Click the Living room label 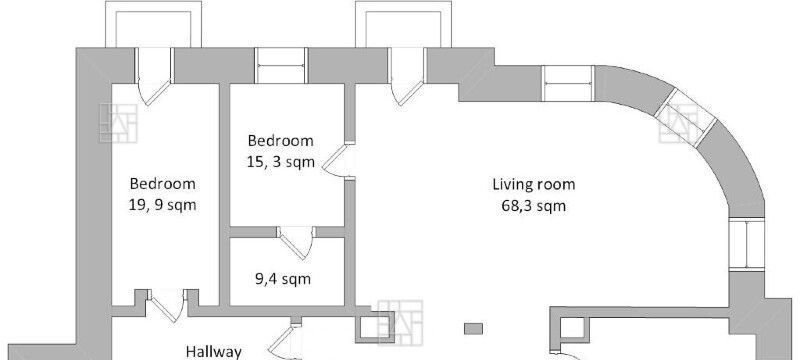(534, 184)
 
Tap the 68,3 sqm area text (534, 207)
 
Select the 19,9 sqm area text (162, 205)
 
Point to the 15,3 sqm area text (281, 162)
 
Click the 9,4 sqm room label (283, 279)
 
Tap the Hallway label (213, 351)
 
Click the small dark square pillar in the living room (473, 329)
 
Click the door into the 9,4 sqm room (296, 243)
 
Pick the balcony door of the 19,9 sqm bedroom (155, 76)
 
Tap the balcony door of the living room (407, 76)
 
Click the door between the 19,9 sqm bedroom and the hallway (166, 305)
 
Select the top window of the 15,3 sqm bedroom (281, 65)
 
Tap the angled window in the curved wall (685, 117)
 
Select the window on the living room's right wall (746, 245)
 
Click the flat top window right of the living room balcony (568, 83)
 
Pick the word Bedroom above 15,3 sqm (281, 140)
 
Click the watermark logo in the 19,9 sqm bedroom (118, 123)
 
